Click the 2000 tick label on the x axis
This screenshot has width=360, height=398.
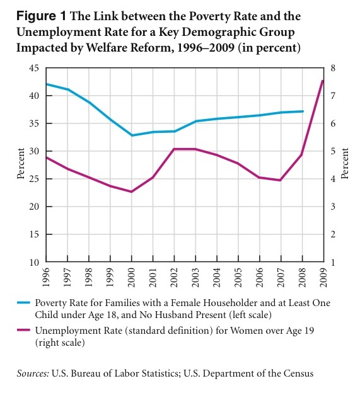tap(132, 278)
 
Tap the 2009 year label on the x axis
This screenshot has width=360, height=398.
tap(323, 278)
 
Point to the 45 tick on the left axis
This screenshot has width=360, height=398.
tap(34, 68)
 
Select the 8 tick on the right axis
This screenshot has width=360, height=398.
tap(333, 68)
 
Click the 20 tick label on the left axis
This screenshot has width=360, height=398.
tap(34, 207)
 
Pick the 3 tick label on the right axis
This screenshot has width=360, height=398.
tap(333, 207)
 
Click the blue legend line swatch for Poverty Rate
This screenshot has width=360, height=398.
tap(23, 302)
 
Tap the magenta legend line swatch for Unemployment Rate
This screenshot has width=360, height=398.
tap(23, 330)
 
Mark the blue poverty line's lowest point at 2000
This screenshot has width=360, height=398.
tap(132, 135)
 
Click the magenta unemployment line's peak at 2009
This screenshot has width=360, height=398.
tap(323, 81)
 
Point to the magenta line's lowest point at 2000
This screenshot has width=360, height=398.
tap(132, 191)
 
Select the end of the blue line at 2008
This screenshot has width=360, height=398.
tap(303, 111)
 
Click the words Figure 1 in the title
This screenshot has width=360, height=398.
tap(41, 16)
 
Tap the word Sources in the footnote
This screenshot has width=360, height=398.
tap(33, 373)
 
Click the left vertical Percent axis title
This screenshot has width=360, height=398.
tap(21, 164)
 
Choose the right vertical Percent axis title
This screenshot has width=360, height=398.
tap(344, 164)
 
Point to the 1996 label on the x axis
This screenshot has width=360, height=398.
tap(46, 278)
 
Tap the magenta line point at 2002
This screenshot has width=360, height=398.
tap(174, 149)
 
